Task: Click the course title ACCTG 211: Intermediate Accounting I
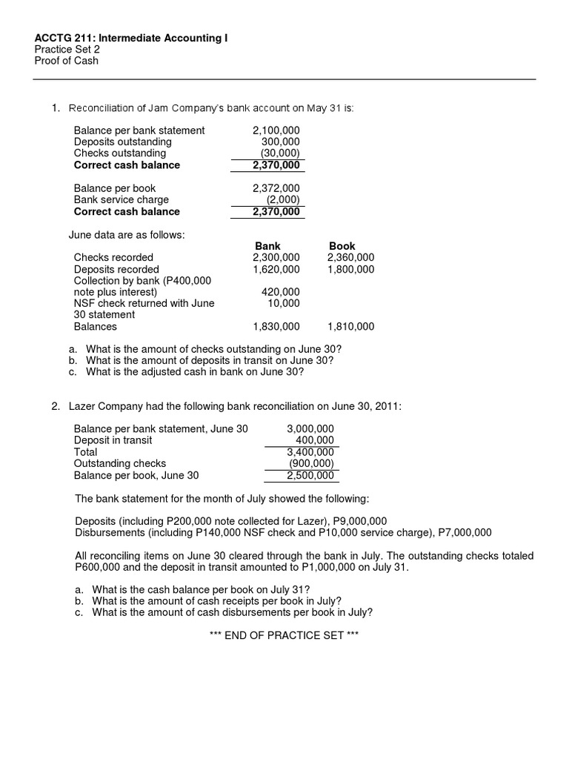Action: tap(132, 37)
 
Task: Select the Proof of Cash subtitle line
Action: tap(67, 61)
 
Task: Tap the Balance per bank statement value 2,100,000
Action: tap(276, 130)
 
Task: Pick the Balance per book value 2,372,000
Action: tap(276, 188)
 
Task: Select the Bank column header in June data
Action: tap(267, 246)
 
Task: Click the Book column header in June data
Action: tap(342, 246)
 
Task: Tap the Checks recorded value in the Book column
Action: tap(350, 258)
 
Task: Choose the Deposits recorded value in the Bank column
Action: tap(276, 270)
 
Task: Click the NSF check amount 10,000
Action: tap(284, 303)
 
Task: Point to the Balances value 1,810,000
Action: tap(350, 326)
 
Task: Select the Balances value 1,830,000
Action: tap(276, 326)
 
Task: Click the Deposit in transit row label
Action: tap(113, 440)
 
